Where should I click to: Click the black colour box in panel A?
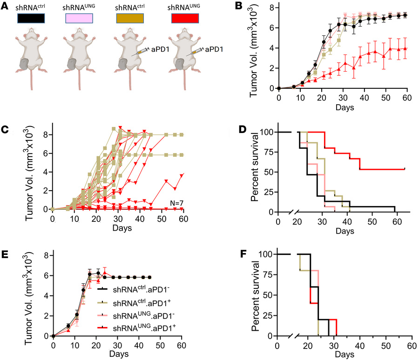[31, 19]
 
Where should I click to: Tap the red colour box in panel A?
[186, 19]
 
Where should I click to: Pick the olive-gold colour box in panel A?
[135, 19]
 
